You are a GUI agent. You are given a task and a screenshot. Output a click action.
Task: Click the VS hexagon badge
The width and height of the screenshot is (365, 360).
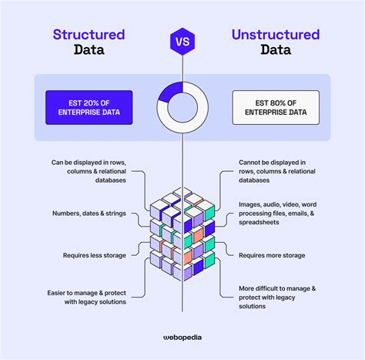pos(182,40)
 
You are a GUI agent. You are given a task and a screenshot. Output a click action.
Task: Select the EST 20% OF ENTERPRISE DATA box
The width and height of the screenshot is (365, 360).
pos(89,107)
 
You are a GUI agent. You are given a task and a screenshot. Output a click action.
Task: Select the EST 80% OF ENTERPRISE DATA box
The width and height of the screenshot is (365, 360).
pos(276,107)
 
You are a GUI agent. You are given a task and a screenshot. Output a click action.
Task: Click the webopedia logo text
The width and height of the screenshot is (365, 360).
pos(182,336)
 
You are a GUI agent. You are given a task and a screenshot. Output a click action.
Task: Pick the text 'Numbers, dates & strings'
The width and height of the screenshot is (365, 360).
pos(89,213)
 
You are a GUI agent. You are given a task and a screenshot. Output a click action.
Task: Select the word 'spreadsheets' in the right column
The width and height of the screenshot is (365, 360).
pos(263,222)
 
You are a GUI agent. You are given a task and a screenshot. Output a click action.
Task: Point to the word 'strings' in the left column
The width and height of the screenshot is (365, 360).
pos(117,213)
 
